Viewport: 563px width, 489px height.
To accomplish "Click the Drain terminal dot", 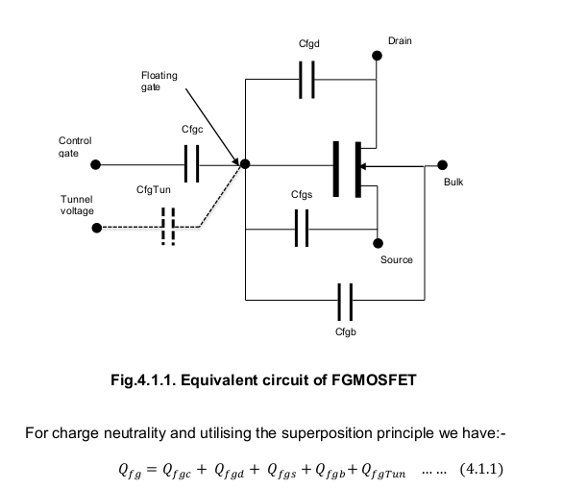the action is pyautogui.click(x=377, y=56).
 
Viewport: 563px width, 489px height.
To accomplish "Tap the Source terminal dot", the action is pyautogui.click(x=378, y=243).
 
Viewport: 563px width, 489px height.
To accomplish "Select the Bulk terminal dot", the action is pyautogui.click(x=442, y=165).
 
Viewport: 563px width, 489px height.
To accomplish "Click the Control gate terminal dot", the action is pyautogui.click(x=95, y=165).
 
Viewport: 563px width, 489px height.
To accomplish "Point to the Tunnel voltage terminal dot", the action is pyautogui.click(x=97, y=228).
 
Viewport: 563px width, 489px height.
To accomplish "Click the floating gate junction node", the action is pyautogui.click(x=245, y=164).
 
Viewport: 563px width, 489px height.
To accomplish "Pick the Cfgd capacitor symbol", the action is pyautogui.click(x=306, y=80).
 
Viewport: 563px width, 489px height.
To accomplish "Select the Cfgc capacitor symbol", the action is pyautogui.click(x=191, y=163).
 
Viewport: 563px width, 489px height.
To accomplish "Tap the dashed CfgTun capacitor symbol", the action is pyautogui.click(x=168, y=227).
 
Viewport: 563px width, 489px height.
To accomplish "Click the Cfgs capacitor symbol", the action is pyautogui.click(x=302, y=229).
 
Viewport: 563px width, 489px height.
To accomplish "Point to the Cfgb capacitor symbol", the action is pyautogui.click(x=345, y=302).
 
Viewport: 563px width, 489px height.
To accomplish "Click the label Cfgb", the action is pyautogui.click(x=346, y=331).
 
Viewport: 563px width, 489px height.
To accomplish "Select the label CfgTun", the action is pyautogui.click(x=154, y=189).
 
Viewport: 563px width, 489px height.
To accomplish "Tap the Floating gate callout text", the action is pyautogui.click(x=159, y=81).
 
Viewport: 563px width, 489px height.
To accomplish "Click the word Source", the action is pyautogui.click(x=397, y=259).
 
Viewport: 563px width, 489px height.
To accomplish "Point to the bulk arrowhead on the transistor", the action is pyautogui.click(x=363, y=166).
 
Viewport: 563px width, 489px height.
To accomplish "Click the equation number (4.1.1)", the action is pyautogui.click(x=481, y=469).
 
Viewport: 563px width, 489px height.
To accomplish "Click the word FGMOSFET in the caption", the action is pyautogui.click(x=374, y=379).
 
